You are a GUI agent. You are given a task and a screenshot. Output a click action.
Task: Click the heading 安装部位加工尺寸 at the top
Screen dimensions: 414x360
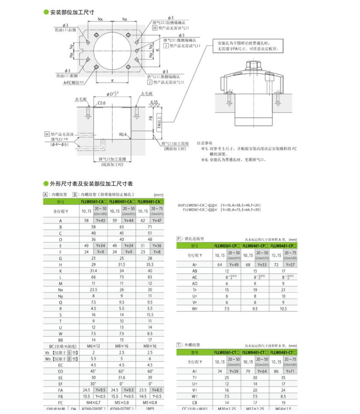coord(72,12)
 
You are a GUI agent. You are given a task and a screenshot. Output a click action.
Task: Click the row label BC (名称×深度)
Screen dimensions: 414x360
coord(60,346)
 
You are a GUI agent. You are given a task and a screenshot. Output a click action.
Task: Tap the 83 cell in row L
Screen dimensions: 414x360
coord(150,277)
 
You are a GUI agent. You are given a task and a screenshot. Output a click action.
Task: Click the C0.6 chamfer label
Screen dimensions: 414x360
coord(102,103)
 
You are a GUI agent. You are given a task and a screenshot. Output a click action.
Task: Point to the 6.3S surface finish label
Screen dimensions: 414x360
coord(154,102)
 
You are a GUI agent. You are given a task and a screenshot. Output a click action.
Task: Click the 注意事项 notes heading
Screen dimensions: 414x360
coord(205,142)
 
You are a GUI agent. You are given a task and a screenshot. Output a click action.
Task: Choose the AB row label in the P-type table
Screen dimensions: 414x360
coord(195,271)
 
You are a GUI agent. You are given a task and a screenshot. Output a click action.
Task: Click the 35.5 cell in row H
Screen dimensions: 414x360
coord(150,265)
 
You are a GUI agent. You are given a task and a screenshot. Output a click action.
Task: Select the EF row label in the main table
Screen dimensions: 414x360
coord(60,383)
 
